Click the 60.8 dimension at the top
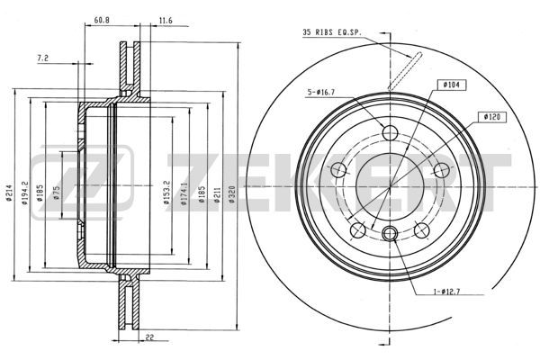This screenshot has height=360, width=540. pyautogui.click(x=102, y=21)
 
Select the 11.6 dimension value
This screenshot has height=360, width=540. pyautogui.click(x=166, y=21)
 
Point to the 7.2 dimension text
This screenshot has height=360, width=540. pyautogui.click(x=42, y=58)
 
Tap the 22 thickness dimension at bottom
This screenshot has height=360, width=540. pyautogui.click(x=149, y=337)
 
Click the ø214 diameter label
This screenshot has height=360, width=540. pyautogui.click(x=9, y=193)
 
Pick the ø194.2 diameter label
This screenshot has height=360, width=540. pyautogui.click(x=24, y=193)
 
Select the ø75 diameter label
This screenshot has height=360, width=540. pyautogui.click(x=57, y=193)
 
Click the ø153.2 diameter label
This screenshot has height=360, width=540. pyautogui.click(x=166, y=193)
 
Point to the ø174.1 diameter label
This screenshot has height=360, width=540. pyautogui.click(x=184, y=193)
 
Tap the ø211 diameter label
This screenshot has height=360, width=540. pyautogui.click(x=217, y=194)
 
